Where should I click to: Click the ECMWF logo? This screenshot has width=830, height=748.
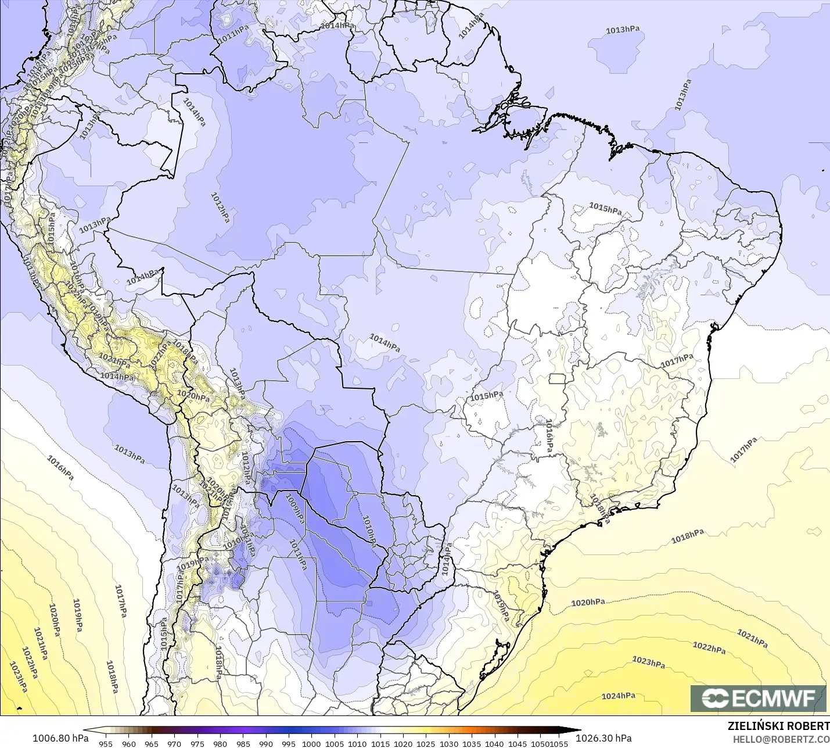click(x=758, y=698)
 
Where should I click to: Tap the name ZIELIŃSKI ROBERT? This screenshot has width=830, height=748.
click(x=778, y=726)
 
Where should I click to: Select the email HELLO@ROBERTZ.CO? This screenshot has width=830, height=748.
click(x=781, y=739)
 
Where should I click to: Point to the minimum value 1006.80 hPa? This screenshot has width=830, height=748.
click(x=60, y=738)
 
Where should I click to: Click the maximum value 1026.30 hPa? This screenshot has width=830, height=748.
click(x=603, y=738)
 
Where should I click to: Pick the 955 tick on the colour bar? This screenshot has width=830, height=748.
click(x=106, y=743)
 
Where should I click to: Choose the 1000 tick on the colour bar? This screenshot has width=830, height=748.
click(x=311, y=743)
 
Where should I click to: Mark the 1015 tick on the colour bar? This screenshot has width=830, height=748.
click(x=380, y=743)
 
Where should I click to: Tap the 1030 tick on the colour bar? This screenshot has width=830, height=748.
click(x=449, y=743)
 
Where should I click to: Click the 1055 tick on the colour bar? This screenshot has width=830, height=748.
click(x=559, y=743)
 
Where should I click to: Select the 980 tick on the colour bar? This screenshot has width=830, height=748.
click(x=220, y=743)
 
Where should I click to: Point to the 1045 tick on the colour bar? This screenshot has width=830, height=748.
click(x=518, y=743)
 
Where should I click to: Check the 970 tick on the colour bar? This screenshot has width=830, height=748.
click(x=174, y=743)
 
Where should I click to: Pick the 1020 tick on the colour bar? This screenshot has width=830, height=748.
click(x=403, y=743)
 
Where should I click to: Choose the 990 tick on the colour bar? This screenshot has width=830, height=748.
click(x=266, y=743)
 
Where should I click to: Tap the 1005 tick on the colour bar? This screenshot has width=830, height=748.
click(x=335, y=743)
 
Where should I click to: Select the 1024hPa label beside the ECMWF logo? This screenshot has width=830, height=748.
click(x=618, y=696)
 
